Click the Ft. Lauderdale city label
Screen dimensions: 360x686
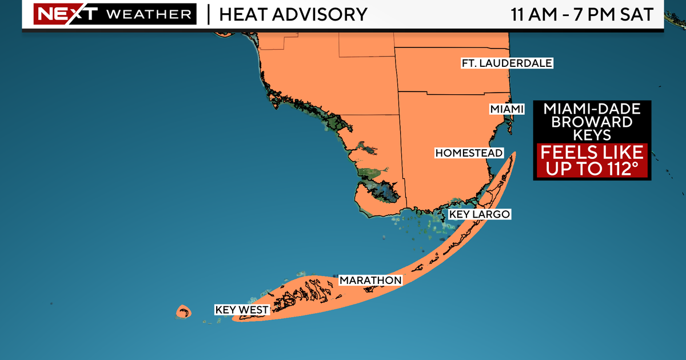click(507, 63)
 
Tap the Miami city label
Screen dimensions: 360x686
click(506, 109)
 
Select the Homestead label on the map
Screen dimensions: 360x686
click(469, 153)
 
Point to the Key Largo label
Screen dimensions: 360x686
click(479, 214)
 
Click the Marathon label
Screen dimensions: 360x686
click(370, 281)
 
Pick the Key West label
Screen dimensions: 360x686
click(241, 310)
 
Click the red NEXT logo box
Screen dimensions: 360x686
click(58, 14)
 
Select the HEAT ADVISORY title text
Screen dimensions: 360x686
click(293, 14)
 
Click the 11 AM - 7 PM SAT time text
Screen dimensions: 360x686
click(582, 14)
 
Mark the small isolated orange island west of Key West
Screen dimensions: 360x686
click(183, 311)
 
